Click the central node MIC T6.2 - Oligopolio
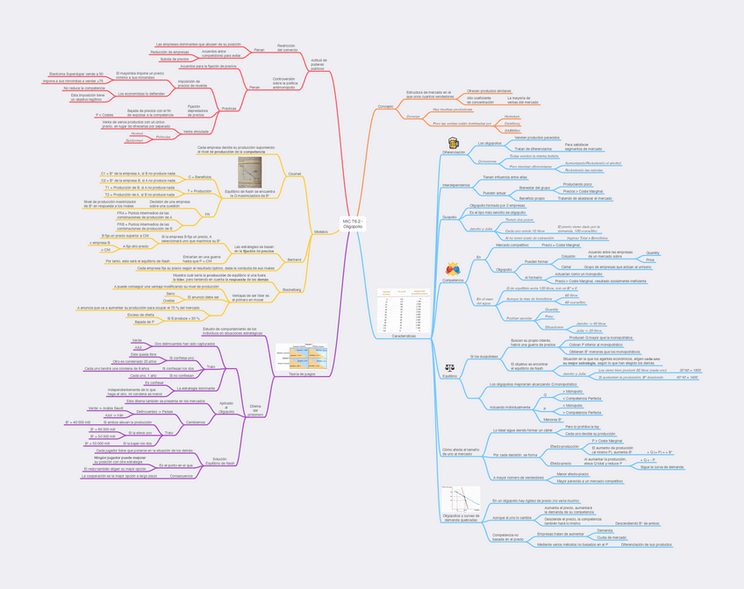click(353, 224)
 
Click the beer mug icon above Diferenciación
click(454, 143)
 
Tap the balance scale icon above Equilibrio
click(450, 369)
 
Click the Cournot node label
click(294, 174)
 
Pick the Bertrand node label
click(294, 259)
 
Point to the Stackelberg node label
click(292, 288)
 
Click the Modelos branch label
click(320, 231)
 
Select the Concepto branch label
click(385, 106)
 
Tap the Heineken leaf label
click(511, 116)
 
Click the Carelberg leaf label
click(512, 124)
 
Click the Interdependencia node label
click(456, 185)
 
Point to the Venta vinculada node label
click(196, 131)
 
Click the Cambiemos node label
click(195, 422)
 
